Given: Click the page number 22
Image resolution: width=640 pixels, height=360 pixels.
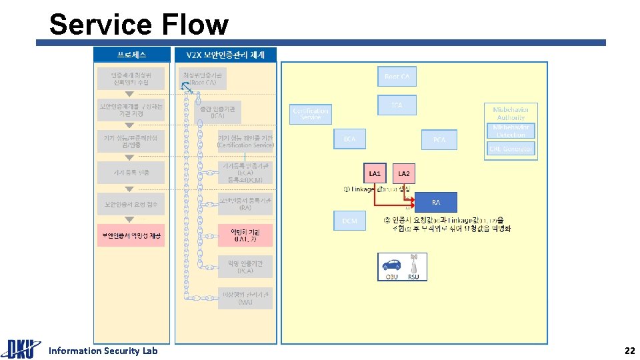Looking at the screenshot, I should click(x=629, y=351).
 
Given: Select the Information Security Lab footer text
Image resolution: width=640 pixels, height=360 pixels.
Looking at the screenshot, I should click(x=103, y=351).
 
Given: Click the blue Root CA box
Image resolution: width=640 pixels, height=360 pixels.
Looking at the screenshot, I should click(x=397, y=77).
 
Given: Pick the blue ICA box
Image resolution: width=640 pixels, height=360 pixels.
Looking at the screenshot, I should click(x=397, y=105).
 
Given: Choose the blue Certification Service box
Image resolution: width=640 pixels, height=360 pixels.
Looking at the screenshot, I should click(x=311, y=114).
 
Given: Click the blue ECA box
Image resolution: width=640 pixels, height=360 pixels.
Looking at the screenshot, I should click(x=350, y=139).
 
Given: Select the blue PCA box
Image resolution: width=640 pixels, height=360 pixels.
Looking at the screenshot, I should click(x=439, y=139).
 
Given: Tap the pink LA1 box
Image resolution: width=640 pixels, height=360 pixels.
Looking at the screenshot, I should click(x=375, y=174).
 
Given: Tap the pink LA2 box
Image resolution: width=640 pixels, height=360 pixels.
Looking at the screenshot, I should click(x=404, y=174).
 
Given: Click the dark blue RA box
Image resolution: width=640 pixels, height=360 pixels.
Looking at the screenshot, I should click(x=436, y=202).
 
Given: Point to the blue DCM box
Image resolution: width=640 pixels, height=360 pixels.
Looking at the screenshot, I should click(x=350, y=221).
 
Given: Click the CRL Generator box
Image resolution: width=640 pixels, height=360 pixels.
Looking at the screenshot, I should click(x=511, y=149).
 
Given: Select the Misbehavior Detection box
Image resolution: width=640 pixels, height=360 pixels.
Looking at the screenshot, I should click(x=511, y=131).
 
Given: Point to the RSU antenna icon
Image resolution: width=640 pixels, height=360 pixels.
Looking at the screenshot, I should click(x=413, y=262).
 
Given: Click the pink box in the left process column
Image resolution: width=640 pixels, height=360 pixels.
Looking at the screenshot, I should click(x=131, y=235).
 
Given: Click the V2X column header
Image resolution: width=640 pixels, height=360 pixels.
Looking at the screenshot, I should click(x=225, y=54).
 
